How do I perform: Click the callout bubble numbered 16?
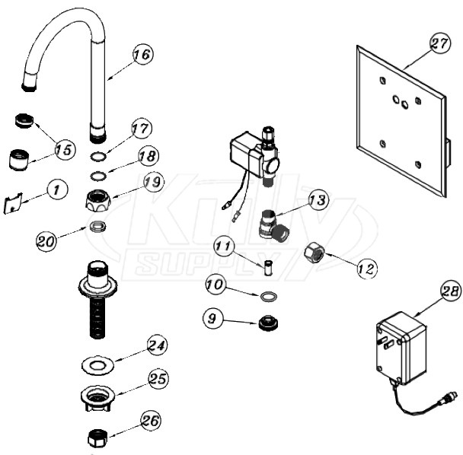click(141, 55)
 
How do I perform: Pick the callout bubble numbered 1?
click(55, 189)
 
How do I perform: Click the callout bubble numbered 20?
click(48, 240)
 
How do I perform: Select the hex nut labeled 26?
click(97, 439)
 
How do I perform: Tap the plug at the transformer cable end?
click(449, 396)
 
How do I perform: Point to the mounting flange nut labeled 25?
click(97, 399)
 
